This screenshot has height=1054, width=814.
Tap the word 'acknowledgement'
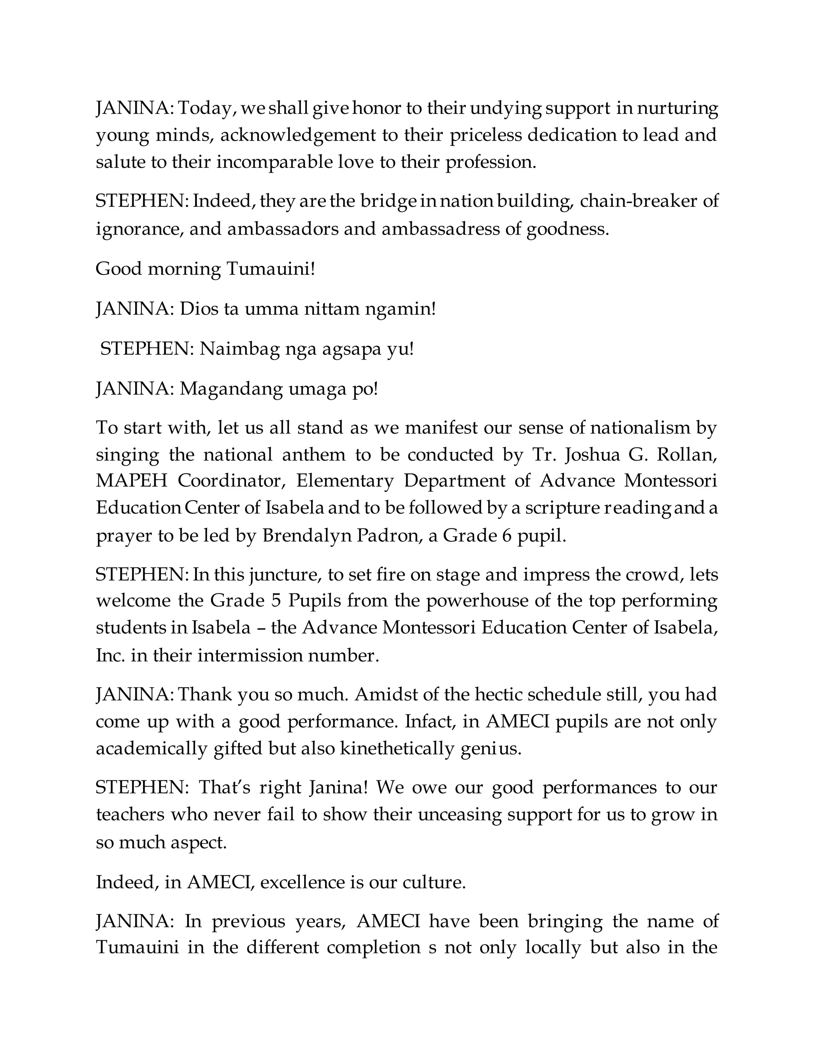point(298,135)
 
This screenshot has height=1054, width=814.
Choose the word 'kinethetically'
point(397,749)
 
